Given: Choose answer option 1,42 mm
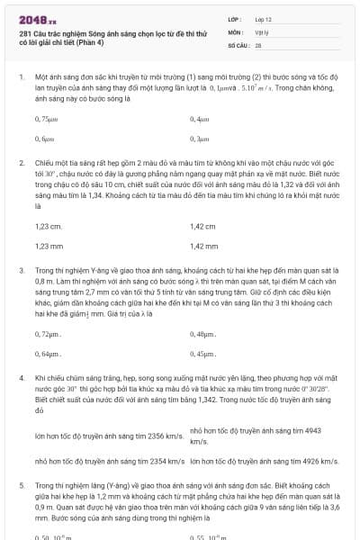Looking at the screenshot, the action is pyautogui.click(x=205, y=246).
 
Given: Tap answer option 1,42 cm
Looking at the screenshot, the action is pyautogui.click(x=203, y=227).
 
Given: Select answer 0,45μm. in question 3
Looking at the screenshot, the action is pyautogui.click(x=203, y=354).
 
